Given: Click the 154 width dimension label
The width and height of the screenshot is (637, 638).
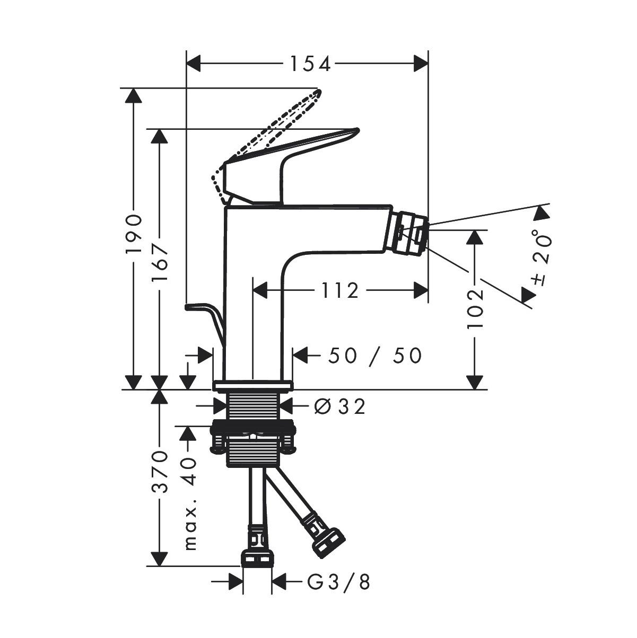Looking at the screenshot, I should point(310,64).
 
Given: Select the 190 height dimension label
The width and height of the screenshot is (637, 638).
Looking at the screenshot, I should point(134,234).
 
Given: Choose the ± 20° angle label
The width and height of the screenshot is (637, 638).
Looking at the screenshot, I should point(542,258).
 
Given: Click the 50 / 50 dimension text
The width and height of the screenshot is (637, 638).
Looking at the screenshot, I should point(374,356).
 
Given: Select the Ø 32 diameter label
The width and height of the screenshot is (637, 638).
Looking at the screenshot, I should point(339,407).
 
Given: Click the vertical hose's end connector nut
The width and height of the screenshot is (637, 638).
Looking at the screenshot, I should point(257,557).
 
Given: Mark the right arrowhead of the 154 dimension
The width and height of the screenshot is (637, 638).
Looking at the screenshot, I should point(421,64).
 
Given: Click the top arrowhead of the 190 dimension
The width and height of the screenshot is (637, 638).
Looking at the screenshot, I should point(134,96).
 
